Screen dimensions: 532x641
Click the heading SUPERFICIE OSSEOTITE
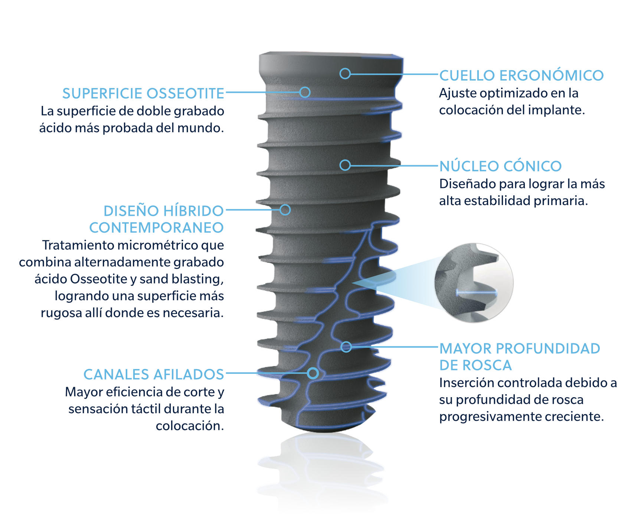point(143,94)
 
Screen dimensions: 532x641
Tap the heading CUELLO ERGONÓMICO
point(521,75)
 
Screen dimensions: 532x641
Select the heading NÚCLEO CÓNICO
point(500,166)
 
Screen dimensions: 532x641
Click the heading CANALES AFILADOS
point(154,374)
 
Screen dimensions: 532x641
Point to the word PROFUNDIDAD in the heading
point(548,349)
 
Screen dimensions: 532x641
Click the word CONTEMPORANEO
point(156,228)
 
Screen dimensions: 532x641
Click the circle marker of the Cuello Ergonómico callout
point(345,74)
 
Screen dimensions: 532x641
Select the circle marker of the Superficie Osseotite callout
point(305,92)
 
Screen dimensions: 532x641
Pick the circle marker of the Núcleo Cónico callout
point(345,165)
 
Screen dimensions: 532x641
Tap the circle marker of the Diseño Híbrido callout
point(285,210)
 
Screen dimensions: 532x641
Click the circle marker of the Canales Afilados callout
point(313,373)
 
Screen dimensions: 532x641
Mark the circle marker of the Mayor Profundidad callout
point(346,347)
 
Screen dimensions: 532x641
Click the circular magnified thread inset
point(474,283)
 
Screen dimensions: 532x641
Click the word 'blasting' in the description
point(200,279)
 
